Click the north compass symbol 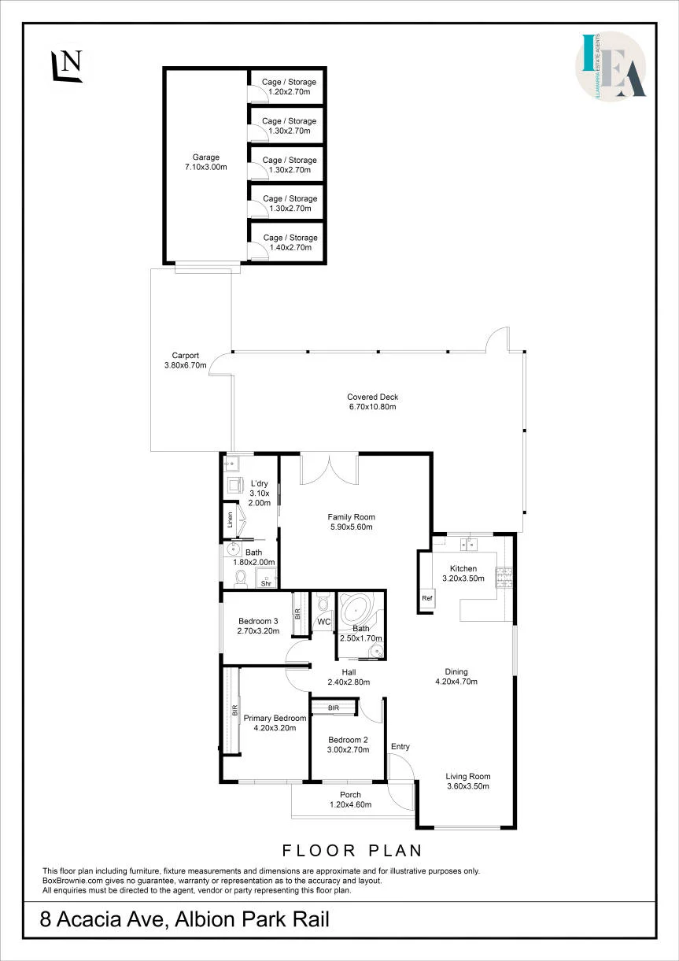click(x=67, y=65)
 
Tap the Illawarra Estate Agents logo click(x=611, y=66)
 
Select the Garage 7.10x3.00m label click(x=206, y=162)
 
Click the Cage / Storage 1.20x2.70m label click(x=289, y=87)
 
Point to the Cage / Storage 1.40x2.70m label click(x=290, y=242)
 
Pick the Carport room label click(x=186, y=355)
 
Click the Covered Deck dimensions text click(x=373, y=407)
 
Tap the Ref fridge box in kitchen click(x=427, y=598)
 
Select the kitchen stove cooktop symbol click(x=504, y=578)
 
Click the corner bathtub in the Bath click(x=356, y=610)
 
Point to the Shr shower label click(x=266, y=583)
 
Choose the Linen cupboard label click(x=230, y=520)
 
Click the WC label click(x=324, y=622)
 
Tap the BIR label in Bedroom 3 click(x=297, y=613)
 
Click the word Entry click(x=400, y=746)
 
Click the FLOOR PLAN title click(x=352, y=850)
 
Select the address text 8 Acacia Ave click(x=102, y=920)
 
